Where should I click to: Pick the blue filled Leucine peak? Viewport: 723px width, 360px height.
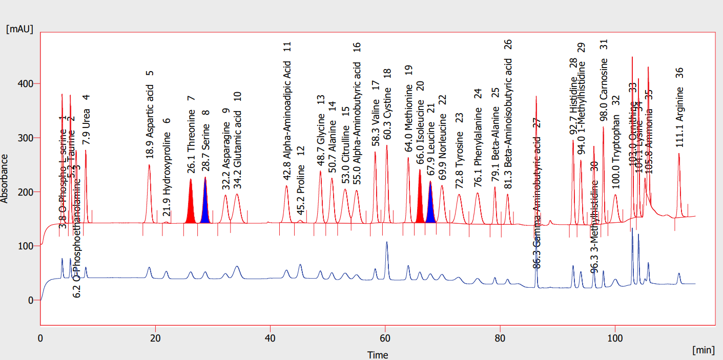coord(430,207)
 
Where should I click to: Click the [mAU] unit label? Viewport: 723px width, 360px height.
coord(19,29)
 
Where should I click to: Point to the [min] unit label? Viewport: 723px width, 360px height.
coord(703,350)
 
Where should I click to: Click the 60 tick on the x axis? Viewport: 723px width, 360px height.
coord(385,337)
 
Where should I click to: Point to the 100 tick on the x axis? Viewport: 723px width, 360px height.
coord(614,337)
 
